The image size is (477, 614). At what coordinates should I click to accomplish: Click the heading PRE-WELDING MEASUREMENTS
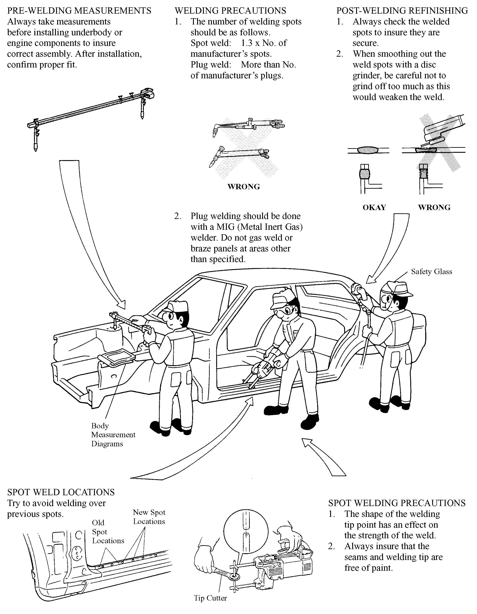[79, 11]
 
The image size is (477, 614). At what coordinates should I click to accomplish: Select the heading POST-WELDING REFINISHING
[402, 11]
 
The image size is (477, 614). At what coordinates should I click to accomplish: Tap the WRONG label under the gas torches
[243, 187]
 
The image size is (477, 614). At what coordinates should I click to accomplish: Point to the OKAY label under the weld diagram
[374, 207]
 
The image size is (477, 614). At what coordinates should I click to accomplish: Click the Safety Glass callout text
[432, 272]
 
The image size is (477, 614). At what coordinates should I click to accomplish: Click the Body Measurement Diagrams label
[113, 435]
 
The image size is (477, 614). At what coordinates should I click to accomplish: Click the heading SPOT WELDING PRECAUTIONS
[397, 503]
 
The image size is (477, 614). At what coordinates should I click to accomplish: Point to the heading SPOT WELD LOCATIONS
[61, 492]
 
